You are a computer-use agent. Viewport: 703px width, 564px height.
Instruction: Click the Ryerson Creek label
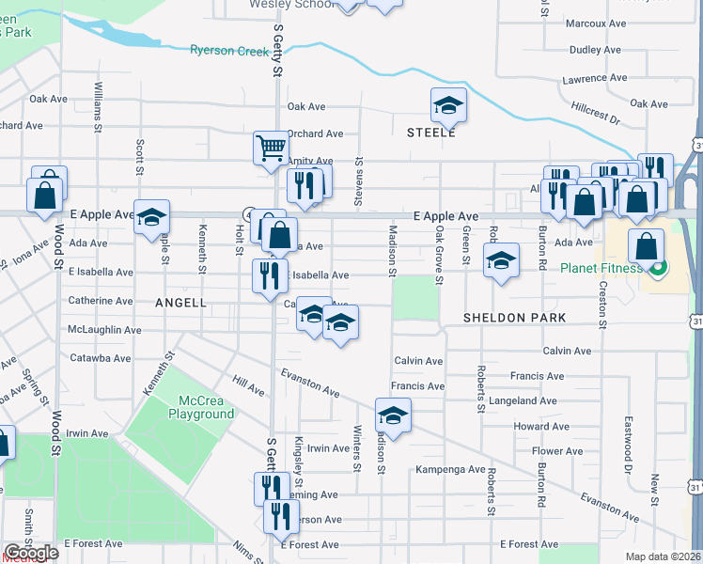[x=229, y=51]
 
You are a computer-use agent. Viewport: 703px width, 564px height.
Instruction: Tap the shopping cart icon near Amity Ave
[x=270, y=147]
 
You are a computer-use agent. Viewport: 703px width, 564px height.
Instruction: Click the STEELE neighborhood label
[x=430, y=133]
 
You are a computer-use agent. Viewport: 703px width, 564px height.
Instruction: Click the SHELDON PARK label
[x=514, y=318]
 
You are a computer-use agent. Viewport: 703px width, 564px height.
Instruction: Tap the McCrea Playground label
[x=201, y=407]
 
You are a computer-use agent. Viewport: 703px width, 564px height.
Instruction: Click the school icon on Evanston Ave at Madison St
[x=393, y=415]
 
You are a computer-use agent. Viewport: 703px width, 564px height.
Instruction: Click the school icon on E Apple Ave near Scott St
[x=150, y=217]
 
